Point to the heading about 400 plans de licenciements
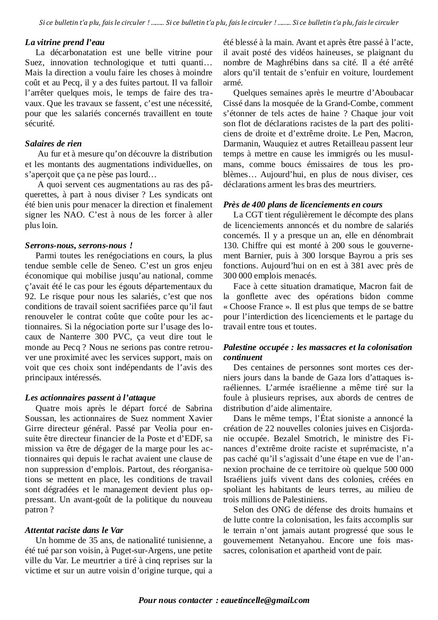(303, 204)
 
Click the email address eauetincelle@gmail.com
(270, 600)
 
